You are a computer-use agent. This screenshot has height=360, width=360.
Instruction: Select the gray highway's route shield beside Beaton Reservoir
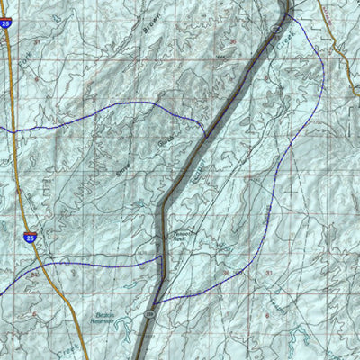point(149,313)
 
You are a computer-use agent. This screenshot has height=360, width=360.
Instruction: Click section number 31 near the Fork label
point(37,40)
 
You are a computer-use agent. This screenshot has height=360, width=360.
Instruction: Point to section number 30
point(233,41)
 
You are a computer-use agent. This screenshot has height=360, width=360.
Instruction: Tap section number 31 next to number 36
point(268,271)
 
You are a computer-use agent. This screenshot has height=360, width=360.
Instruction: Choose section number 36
point(224,271)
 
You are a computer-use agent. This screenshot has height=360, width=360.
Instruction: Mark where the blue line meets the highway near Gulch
point(205,135)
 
